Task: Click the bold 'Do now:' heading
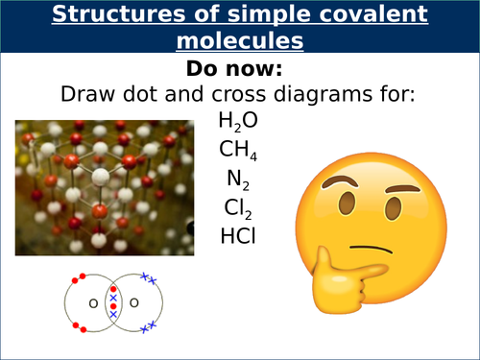pos(239,70)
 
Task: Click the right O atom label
pos(133,304)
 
